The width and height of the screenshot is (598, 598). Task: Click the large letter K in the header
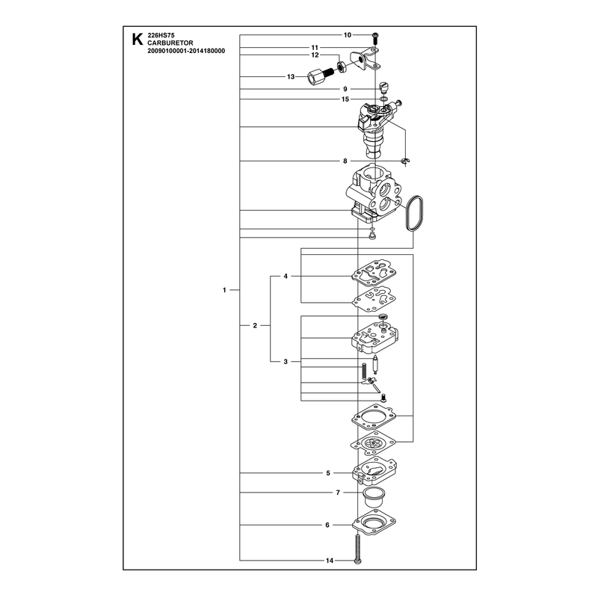pos(138,40)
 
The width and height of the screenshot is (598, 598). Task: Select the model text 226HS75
pos(161,35)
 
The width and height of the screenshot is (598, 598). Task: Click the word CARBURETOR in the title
pos(170,43)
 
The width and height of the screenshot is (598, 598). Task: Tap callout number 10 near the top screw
pos(348,35)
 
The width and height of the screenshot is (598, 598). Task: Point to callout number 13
pos(291,77)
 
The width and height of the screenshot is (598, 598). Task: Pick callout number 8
pos(345,161)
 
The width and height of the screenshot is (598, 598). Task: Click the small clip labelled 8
pos(406,161)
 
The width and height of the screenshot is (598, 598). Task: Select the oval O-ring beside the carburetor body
pos(414,213)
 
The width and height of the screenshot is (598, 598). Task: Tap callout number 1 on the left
pos(224,290)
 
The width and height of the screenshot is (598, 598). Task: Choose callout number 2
pos(255,326)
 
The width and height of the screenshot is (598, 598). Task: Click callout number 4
pos(286,276)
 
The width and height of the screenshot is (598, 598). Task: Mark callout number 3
pos(286,362)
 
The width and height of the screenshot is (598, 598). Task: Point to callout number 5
pos(328,473)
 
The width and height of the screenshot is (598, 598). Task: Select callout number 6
pos(327,525)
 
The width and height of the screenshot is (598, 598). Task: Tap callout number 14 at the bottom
pos(330,561)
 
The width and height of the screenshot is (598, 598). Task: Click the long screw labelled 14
pos(357,549)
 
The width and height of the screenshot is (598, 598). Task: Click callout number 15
pos(345,99)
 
